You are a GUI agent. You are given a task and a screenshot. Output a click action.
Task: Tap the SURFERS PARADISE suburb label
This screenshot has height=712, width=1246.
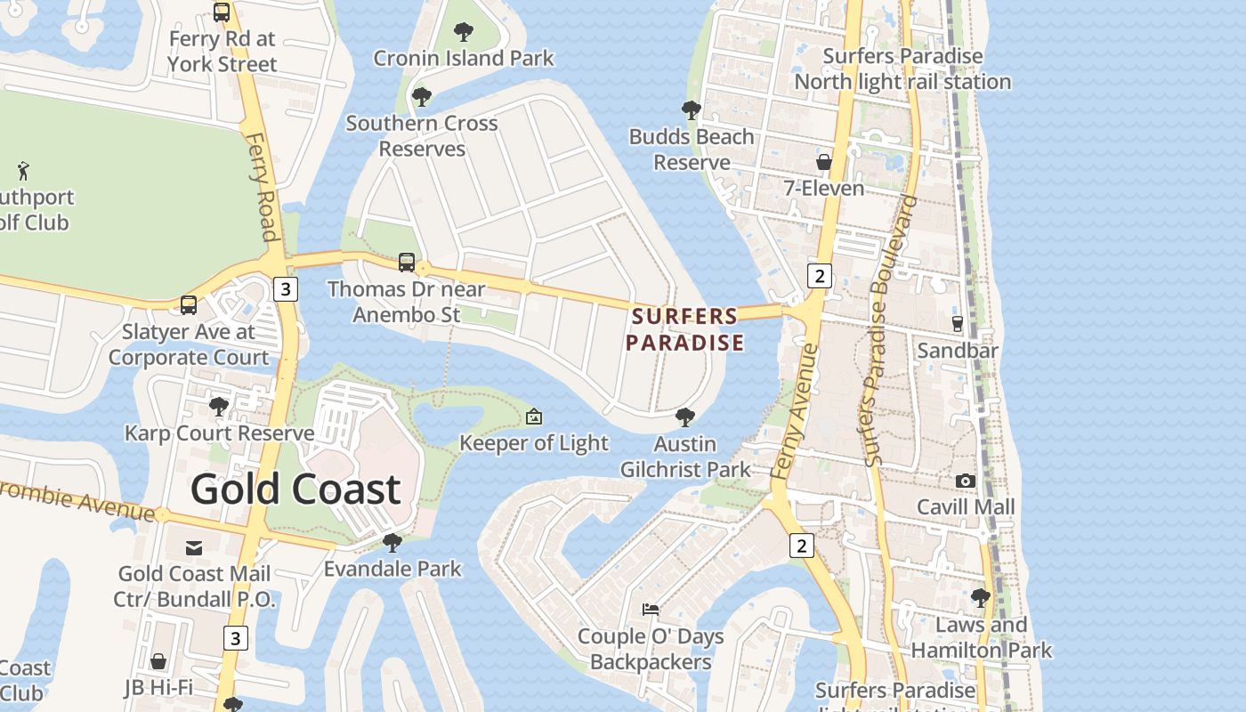684,329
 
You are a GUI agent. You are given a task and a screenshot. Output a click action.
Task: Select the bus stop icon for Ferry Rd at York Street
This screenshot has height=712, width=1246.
222,12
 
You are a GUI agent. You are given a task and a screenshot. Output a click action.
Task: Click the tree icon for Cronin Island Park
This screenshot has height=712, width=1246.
463,33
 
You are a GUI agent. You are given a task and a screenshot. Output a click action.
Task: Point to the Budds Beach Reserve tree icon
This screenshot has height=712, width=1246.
691,111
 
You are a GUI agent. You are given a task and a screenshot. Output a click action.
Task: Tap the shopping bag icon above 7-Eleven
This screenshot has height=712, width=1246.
824,162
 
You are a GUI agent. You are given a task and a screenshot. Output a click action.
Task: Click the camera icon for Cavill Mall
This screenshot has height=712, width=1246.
965,481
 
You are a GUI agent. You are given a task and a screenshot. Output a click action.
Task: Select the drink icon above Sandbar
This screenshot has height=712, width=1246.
958,324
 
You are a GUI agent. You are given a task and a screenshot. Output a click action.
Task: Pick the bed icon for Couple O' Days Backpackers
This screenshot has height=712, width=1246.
651,610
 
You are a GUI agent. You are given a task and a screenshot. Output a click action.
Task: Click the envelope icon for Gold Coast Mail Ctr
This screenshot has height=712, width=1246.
194,547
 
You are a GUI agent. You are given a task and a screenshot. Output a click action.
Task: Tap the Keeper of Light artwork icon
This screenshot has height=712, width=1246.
533,417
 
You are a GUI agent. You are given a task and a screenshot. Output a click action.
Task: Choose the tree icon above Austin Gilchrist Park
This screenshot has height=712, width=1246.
684,417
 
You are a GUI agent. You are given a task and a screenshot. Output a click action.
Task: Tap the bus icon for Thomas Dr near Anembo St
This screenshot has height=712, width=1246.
407,262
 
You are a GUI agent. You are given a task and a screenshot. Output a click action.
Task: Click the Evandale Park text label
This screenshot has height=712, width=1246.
392,569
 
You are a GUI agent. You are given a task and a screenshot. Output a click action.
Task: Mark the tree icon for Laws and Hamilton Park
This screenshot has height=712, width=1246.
980,597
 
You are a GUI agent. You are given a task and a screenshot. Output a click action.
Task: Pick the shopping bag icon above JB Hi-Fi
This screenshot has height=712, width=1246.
158,661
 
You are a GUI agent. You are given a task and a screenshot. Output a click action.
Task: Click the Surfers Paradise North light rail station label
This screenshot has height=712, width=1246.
902,69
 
